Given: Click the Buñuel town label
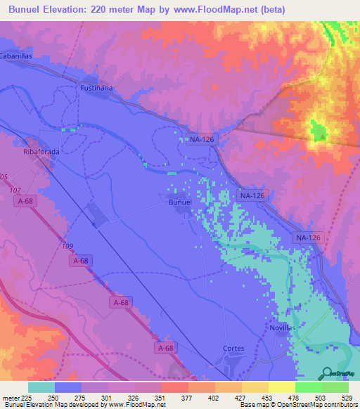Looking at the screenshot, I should pos(180,202).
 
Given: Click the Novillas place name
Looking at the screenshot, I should pos(282,328).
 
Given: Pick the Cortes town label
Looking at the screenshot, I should pos(233,348).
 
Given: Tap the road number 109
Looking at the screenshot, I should pos(67,245).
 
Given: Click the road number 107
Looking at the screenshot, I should pos(15,190).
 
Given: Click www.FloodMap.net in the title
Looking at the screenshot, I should pos(219,8).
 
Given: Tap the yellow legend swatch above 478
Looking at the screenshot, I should pos(281,387).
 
